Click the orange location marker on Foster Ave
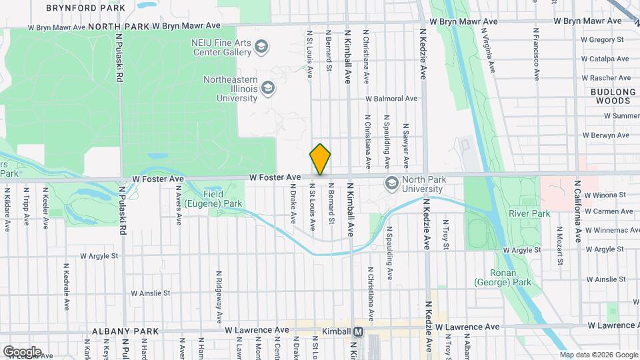[x=321, y=159]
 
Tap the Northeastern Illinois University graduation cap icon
[x=267, y=87]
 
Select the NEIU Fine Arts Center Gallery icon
[x=261, y=47]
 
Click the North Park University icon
[x=391, y=183]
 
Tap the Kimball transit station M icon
[x=359, y=331]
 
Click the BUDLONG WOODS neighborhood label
[x=609, y=96]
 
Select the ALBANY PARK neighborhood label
[x=126, y=331]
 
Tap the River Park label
[x=529, y=214]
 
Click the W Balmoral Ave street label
[x=391, y=99]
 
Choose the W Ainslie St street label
[x=151, y=293]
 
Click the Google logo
[x=22, y=351]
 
